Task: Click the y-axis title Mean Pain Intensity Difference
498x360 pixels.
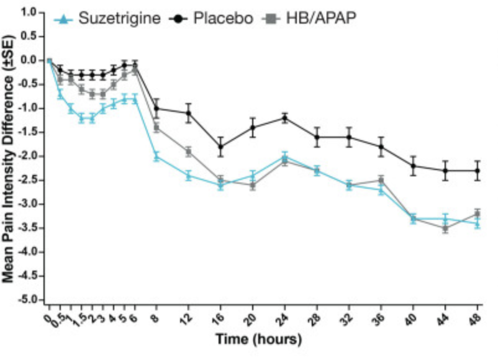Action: coord(11,158)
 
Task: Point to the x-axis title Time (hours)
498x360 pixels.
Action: coord(258,340)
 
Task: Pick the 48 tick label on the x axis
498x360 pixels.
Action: coord(476,317)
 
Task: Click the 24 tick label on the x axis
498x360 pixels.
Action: coord(284,317)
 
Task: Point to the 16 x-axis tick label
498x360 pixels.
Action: coord(219,317)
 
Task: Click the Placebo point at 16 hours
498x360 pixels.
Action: coord(220,146)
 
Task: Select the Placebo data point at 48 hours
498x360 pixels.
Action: coord(477,171)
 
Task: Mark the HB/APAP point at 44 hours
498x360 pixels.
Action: coord(445,228)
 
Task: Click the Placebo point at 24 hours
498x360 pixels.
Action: coord(284,118)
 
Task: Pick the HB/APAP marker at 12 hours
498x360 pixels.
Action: coord(188,151)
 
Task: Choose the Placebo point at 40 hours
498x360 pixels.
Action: coord(413,166)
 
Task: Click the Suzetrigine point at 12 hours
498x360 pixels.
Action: coord(188,176)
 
